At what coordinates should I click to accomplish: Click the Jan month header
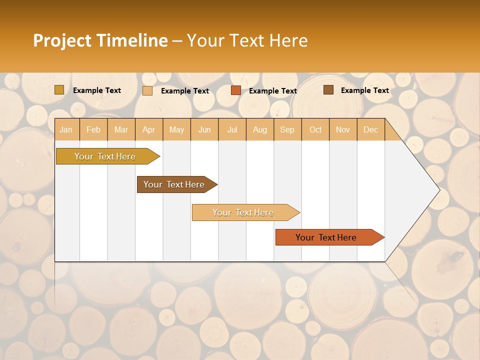66,129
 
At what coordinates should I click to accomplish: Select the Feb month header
93,129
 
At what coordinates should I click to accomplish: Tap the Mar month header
121,129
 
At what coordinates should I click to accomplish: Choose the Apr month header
149,129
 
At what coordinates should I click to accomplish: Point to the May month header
176,129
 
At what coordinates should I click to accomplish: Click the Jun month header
204,129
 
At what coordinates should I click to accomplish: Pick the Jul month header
232,129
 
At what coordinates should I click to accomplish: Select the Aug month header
260,129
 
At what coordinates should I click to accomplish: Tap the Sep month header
287,129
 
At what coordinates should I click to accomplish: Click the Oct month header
315,129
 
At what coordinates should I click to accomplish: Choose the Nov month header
343,129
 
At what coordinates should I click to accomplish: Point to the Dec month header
371,129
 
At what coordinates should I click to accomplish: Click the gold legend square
59,90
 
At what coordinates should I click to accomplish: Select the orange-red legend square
236,90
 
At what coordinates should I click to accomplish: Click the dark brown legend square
328,90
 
